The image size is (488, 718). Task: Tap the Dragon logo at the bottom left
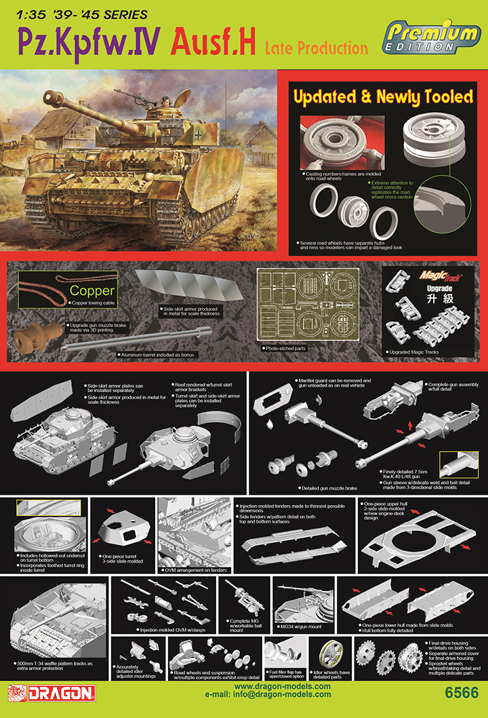[51, 693]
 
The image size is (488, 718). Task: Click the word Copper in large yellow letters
[92, 292]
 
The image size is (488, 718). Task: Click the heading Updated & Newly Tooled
[383, 97]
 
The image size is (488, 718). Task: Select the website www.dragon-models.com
[282, 687]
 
